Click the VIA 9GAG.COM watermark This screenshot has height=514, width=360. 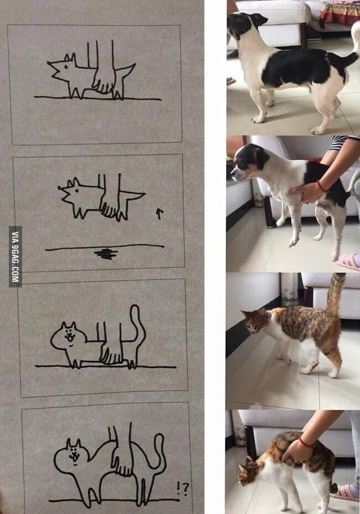(x=15, y=256)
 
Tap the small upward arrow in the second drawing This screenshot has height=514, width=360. (x=159, y=213)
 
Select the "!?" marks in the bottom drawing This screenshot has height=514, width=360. (x=182, y=489)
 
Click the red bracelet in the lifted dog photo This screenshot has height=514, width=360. (x=321, y=186)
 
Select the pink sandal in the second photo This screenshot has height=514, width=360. (x=348, y=262)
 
